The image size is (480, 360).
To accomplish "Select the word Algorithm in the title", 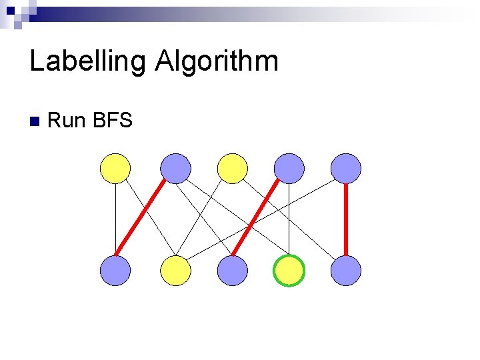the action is (x=217, y=62).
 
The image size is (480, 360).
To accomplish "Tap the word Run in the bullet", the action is (x=67, y=121).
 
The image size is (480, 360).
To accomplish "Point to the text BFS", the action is (x=113, y=121).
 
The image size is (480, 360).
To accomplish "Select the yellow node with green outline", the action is (x=289, y=271).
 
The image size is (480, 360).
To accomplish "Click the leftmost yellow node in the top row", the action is (x=115, y=168).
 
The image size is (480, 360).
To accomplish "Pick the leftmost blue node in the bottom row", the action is (x=115, y=271).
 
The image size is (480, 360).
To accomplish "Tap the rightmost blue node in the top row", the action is (x=346, y=168).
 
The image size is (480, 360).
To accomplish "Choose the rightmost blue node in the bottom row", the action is (x=346, y=271).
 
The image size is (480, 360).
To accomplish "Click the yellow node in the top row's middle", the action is (x=233, y=168).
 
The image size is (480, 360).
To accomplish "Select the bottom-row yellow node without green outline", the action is (x=176, y=271).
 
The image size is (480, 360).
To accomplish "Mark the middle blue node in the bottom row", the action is (x=233, y=271).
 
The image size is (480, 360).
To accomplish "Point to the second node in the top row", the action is (x=176, y=168).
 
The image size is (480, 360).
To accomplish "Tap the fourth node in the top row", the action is (x=289, y=168).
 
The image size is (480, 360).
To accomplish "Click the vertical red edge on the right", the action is (x=346, y=219).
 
